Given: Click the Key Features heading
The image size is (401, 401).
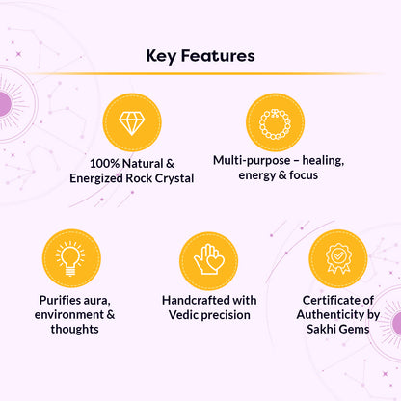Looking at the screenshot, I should tap(200, 55).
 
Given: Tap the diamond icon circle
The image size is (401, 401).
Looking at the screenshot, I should tap(131, 122).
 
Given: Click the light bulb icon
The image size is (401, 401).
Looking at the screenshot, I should tap(71, 258).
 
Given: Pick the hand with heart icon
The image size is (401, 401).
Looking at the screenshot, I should tap(208, 258).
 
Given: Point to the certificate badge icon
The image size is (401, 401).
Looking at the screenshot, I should tap(337, 258).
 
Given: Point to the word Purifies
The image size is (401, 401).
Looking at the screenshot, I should tap(59, 299).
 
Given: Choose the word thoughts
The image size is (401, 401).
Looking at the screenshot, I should tap(73, 330).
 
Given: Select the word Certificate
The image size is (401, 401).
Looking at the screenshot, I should tap(330, 299).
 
